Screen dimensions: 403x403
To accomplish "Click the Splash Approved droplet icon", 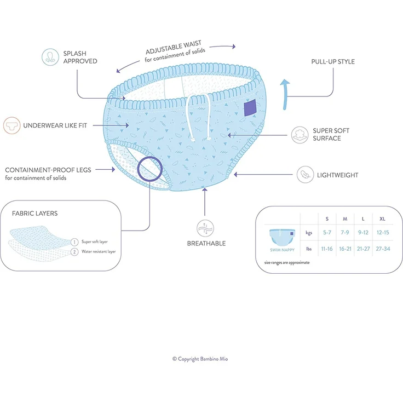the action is pos(50,57).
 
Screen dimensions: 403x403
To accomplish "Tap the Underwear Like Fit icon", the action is pos(12,125).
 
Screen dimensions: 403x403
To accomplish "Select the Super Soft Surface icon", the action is pos(300,135).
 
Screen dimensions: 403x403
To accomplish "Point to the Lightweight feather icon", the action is pos(305,175).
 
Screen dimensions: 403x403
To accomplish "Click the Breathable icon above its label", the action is pos(205,228).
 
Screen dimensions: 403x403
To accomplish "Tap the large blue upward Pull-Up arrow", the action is pos(285,94).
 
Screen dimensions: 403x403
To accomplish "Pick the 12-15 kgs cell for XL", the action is pos(383,232).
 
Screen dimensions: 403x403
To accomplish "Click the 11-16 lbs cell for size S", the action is pos(327,249).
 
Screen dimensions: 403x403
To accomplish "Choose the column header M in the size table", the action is pos(345,218).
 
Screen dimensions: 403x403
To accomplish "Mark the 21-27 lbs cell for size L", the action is pos(363,249).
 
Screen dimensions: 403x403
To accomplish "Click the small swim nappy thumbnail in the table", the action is pos(282,237).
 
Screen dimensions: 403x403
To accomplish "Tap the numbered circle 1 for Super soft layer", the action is pos(74,242).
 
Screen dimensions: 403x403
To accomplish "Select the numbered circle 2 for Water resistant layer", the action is pos(74,252).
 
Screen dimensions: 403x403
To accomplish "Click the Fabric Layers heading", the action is pos(34,214).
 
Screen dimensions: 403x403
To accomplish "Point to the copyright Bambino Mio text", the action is pos(200,359).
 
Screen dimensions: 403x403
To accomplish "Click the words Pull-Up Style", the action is pos(333,62).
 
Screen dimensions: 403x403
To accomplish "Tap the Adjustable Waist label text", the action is pos(174,48).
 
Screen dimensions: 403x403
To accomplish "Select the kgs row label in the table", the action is pos(309,233).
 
